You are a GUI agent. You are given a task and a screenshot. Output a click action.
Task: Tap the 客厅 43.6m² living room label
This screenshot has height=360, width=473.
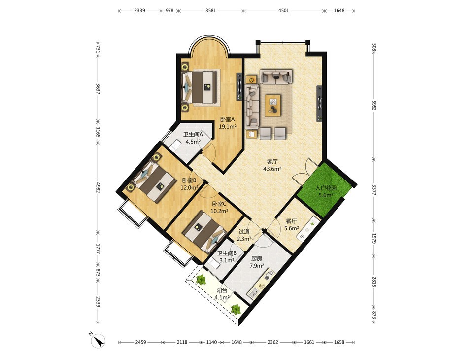point(272,165)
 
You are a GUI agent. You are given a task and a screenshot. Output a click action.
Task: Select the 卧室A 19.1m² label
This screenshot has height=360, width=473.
point(227,123)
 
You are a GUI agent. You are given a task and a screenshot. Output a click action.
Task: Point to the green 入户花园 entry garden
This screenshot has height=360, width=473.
point(324,190)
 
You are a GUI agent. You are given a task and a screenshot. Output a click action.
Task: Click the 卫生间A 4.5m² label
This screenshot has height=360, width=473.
point(193,138)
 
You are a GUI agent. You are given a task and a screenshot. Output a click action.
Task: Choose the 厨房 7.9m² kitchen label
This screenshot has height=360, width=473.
point(257,262)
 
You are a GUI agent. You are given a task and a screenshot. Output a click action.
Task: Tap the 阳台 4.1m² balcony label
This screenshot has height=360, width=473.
point(222,294)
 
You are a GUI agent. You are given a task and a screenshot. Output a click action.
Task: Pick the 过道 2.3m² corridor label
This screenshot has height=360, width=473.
point(244,235)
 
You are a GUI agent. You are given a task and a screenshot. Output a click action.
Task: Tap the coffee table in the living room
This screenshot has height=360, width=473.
point(272,105)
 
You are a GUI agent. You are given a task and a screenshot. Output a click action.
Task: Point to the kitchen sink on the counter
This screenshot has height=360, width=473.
point(253,292)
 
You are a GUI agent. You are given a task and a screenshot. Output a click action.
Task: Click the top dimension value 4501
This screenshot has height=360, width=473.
point(283,10)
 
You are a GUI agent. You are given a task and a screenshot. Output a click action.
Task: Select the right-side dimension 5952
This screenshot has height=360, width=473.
point(374,106)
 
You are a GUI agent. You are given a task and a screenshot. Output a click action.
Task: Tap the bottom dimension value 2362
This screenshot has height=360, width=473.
point(272,342)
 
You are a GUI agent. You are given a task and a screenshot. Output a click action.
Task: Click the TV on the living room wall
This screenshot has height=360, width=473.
point(319,104)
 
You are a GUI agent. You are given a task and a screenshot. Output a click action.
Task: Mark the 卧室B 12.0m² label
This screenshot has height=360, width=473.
point(189,184)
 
